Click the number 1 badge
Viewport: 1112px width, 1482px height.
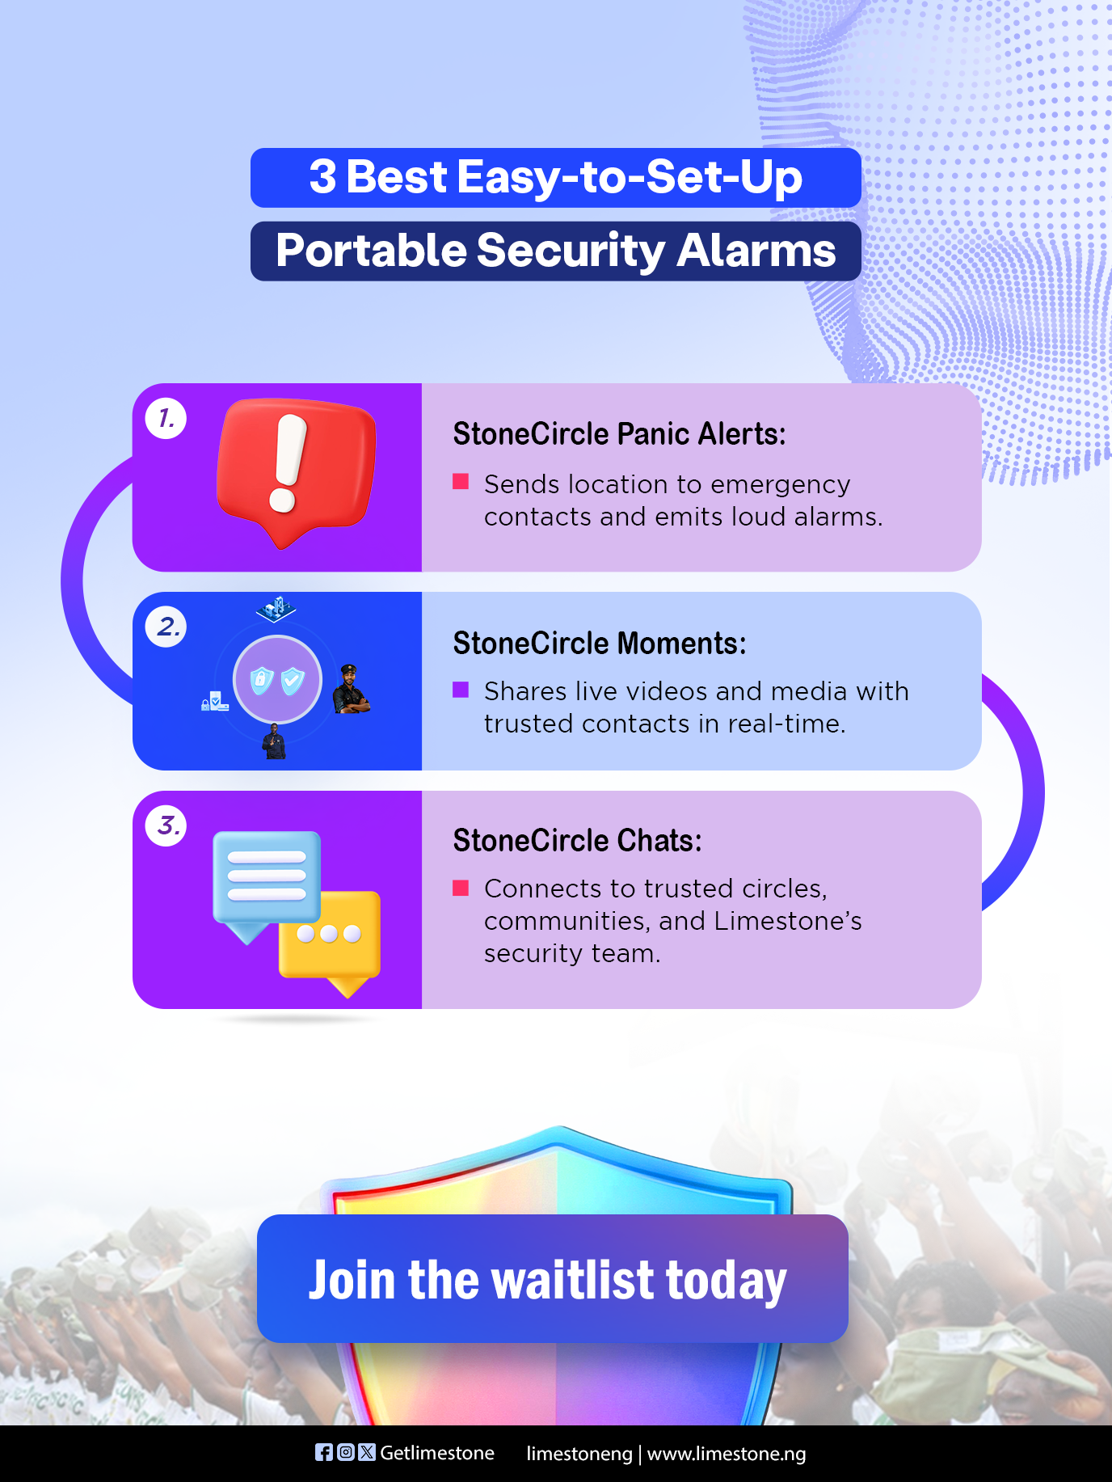166,419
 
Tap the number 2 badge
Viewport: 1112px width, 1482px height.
166,627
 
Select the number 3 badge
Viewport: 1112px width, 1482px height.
166,825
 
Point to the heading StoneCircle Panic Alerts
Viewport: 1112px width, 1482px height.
619,434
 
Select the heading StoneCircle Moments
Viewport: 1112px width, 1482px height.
600,644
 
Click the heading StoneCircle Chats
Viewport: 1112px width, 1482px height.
577,841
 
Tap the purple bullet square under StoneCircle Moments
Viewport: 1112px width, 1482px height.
461,690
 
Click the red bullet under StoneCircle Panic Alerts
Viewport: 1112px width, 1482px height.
461,482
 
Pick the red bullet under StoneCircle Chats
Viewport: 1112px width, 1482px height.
461,888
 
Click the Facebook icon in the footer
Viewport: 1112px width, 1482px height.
323,1453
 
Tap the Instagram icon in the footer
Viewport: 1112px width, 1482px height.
345,1453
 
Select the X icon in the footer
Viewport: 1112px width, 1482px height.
367,1453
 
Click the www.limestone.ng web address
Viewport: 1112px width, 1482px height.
727,1454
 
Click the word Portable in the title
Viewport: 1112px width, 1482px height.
371,251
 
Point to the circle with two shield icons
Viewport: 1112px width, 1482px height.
277,679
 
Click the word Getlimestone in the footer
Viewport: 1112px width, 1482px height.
437,1453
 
